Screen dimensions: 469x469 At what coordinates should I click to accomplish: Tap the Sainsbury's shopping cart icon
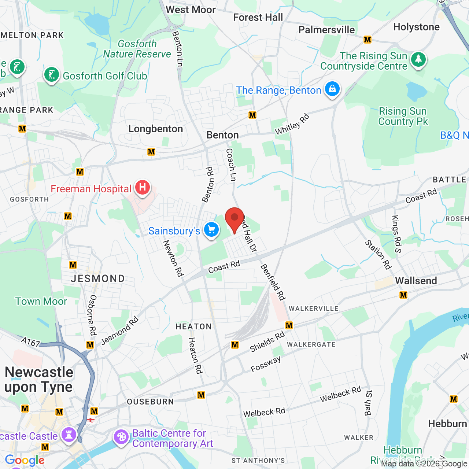coord(211,230)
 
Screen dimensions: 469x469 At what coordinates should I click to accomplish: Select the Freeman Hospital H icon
coord(143,187)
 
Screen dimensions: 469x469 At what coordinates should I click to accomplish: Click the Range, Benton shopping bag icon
coord(332,89)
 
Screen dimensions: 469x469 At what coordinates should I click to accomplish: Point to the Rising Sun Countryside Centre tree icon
coord(418,59)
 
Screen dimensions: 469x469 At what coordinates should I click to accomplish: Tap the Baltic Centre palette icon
coord(121,437)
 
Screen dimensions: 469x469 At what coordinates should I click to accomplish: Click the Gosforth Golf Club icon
coord(52,75)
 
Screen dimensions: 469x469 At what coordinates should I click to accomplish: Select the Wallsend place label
coord(416,281)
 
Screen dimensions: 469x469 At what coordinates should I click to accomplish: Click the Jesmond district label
coord(98,279)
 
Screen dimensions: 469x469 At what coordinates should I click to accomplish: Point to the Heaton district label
coord(193,326)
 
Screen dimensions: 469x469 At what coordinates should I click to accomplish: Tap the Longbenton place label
coord(156,129)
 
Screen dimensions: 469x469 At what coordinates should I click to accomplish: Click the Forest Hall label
coord(258,18)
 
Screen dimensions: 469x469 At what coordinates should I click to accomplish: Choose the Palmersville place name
coord(326,30)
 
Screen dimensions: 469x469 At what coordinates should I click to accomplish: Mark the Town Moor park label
coord(41,302)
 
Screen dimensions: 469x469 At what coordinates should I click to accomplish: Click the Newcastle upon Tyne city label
coord(39,380)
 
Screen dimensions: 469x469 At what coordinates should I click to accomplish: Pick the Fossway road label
coord(266,364)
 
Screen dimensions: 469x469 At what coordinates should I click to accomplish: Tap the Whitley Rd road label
coord(292,125)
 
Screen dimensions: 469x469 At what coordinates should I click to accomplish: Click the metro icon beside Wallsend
coord(403,295)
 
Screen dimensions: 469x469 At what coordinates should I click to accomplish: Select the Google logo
coord(25,461)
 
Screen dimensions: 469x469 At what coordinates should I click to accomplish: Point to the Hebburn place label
coord(447,424)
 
